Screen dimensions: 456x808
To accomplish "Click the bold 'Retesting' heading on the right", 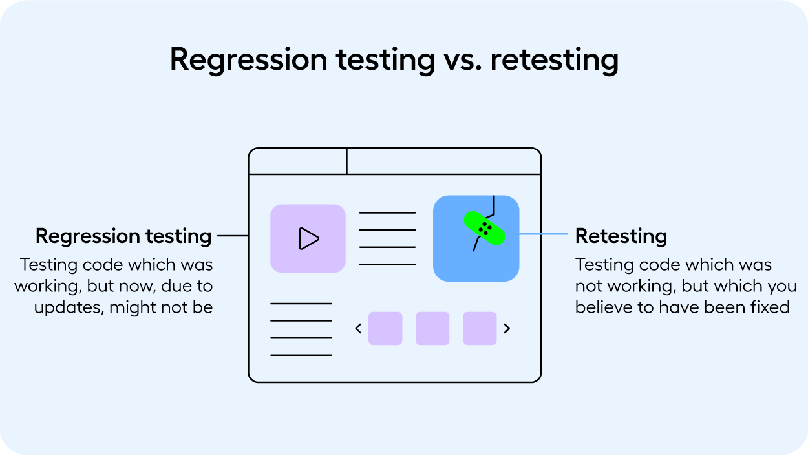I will (x=621, y=236).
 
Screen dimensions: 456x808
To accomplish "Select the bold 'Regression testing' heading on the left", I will (x=123, y=236).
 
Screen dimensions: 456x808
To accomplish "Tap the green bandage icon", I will (x=484, y=228).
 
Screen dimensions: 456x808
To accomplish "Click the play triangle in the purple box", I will (x=308, y=238).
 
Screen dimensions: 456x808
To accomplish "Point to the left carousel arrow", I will (x=358, y=329).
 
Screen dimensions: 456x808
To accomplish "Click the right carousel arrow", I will (x=507, y=329).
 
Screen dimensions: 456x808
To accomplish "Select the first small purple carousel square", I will (x=385, y=329).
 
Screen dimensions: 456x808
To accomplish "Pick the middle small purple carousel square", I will (x=432, y=329).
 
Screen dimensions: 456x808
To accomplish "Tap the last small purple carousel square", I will (x=480, y=329).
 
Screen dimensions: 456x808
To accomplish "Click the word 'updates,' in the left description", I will (x=69, y=307).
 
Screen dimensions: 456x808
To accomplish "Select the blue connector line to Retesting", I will (x=542, y=234).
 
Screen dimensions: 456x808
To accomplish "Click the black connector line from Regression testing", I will (x=233, y=236).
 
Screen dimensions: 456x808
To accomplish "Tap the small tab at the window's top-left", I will (x=298, y=161).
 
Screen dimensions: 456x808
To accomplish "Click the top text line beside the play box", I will (x=387, y=212).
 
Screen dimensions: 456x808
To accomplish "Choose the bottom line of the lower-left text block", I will (x=301, y=355).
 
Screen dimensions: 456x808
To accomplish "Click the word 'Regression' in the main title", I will (x=249, y=60).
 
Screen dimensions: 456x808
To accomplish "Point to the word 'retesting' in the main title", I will (x=554, y=60).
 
